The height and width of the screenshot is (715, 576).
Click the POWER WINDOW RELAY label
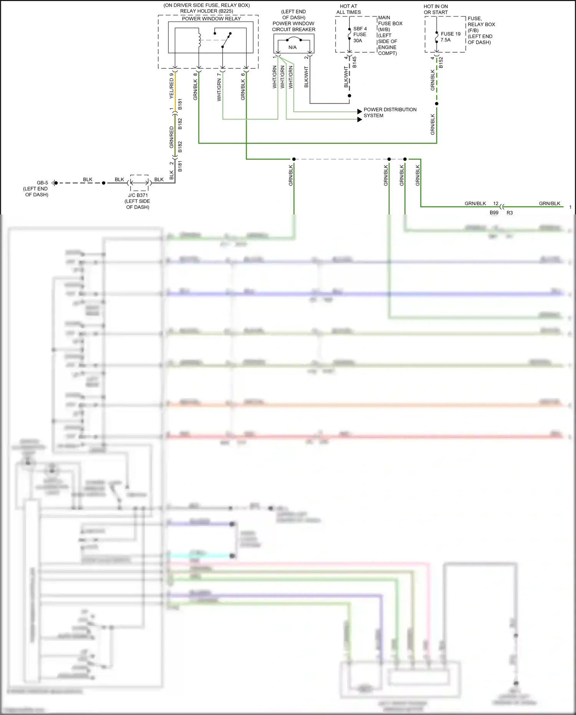click(211, 18)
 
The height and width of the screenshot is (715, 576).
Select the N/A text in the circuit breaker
click(293, 47)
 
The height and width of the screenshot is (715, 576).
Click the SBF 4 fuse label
click(360, 29)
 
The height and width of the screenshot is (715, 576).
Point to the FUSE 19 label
click(450, 34)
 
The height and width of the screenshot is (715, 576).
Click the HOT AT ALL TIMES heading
click(348, 9)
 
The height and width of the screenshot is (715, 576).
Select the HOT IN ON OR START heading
click(435, 9)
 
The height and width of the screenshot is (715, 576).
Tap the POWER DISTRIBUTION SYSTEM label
click(390, 112)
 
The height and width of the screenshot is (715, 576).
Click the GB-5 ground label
click(42, 183)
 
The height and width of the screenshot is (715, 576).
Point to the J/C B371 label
click(138, 195)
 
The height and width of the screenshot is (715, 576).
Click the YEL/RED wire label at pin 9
click(172, 88)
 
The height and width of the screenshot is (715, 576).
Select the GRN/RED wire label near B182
click(172, 137)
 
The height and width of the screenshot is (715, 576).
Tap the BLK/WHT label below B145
click(346, 77)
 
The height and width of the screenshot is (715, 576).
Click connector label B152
click(441, 63)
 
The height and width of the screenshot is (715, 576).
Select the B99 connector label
click(494, 212)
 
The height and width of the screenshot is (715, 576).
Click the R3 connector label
click(510, 212)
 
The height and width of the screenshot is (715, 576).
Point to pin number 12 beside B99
click(496, 204)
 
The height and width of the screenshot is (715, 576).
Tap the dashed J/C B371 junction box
click(139, 183)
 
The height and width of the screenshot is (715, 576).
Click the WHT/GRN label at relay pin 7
click(219, 90)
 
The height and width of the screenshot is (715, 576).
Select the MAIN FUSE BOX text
click(390, 20)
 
